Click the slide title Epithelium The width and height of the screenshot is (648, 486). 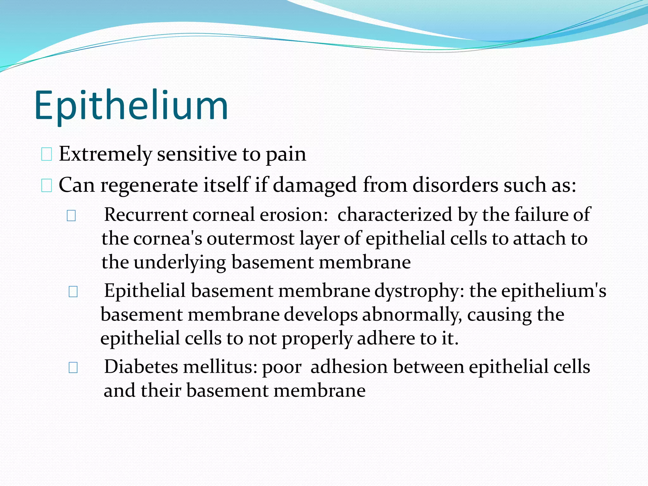pos(131,106)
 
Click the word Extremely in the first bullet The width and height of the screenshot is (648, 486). pos(105,154)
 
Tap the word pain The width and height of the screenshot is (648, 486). pos(286,155)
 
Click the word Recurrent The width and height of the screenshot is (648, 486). pos(146,215)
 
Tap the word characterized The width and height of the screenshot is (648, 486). pos(395,215)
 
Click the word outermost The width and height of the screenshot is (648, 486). pos(250,239)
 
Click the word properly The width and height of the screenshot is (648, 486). pos(317,339)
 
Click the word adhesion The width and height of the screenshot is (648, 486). pos(349,367)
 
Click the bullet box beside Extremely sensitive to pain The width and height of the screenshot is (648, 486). pos(47,155)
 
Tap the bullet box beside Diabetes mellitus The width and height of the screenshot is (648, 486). pos(73,368)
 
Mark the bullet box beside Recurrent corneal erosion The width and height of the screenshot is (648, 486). pos(71,216)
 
